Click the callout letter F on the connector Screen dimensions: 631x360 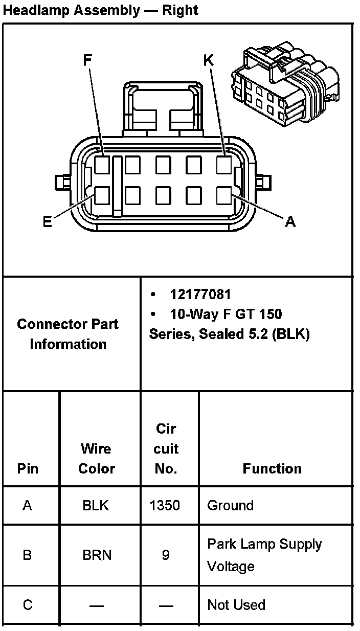pyautogui.click(x=87, y=60)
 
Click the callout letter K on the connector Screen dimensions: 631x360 pyautogui.click(x=209, y=60)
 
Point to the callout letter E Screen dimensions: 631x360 pyautogui.click(x=47, y=222)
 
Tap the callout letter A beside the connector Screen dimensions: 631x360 pyautogui.click(x=290, y=221)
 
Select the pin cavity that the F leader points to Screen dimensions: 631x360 pyautogui.click(x=102, y=165)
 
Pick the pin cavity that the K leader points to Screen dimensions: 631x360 pyautogui.click(x=224, y=165)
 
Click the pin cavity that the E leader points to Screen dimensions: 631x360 pyautogui.click(x=102, y=195)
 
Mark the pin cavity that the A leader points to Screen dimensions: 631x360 pyautogui.click(x=224, y=195)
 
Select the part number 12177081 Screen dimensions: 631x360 pyautogui.click(x=200, y=295)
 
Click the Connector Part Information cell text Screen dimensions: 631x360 pyautogui.click(x=67, y=334)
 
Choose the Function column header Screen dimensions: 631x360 pyautogui.click(x=272, y=468)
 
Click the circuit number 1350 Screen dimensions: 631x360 pyautogui.click(x=165, y=506)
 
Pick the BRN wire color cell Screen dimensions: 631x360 pyautogui.click(x=97, y=555)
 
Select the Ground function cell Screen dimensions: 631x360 pyautogui.click(x=230, y=506)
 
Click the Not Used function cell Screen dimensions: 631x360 pyautogui.click(x=236, y=605)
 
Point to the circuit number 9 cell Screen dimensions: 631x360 pyautogui.click(x=165, y=555)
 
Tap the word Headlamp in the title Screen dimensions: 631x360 pyautogui.click(x=36, y=10)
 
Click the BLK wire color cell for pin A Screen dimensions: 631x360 pyautogui.click(x=96, y=506)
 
